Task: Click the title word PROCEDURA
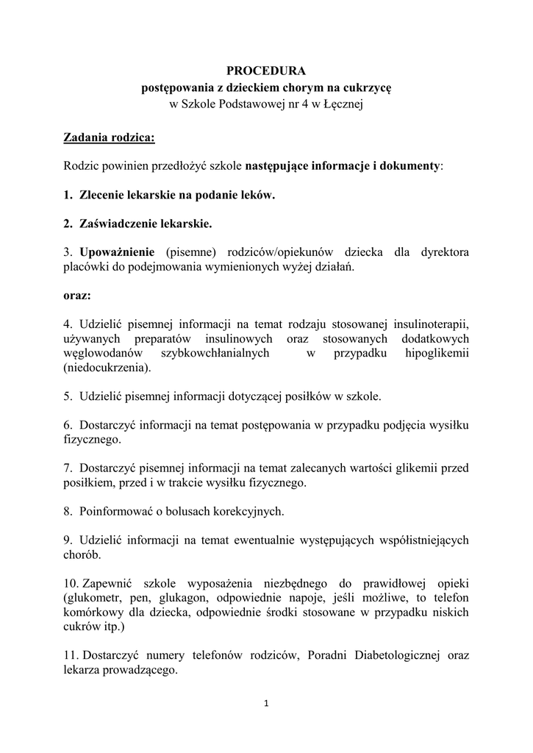266,71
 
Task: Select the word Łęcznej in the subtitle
343,104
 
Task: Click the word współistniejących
418,540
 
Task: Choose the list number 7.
67,468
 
